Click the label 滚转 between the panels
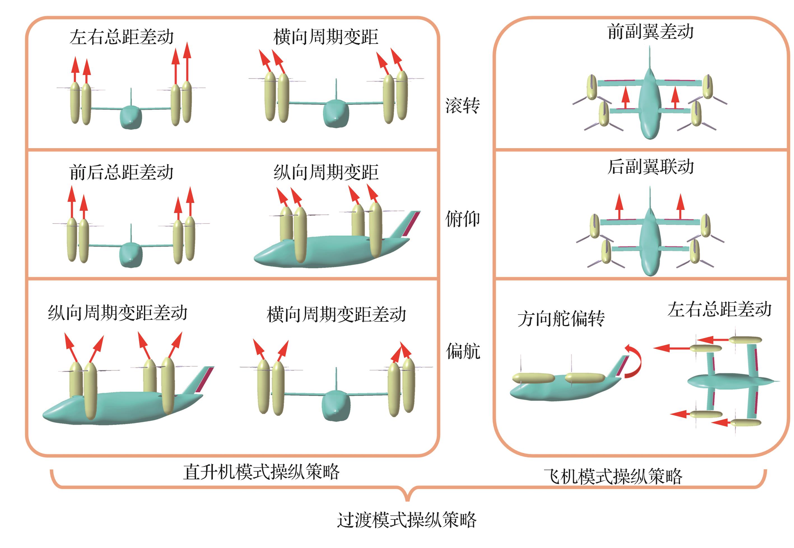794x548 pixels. tap(462, 106)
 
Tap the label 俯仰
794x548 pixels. tap(462, 219)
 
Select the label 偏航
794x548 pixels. tap(463, 351)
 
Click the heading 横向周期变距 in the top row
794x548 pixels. tap(326, 37)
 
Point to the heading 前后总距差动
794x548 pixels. tap(121, 172)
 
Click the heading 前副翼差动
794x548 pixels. tap(650, 32)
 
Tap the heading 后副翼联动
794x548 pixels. tap(650, 167)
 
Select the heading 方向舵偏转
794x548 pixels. tap(561, 319)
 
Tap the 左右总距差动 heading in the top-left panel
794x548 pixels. tap(121, 37)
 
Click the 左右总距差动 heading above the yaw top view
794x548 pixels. tap(720, 309)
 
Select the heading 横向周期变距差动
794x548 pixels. tap(336, 315)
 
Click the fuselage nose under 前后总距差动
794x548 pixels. tap(131, 256)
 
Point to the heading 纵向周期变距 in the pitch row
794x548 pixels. tap(326, 172)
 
